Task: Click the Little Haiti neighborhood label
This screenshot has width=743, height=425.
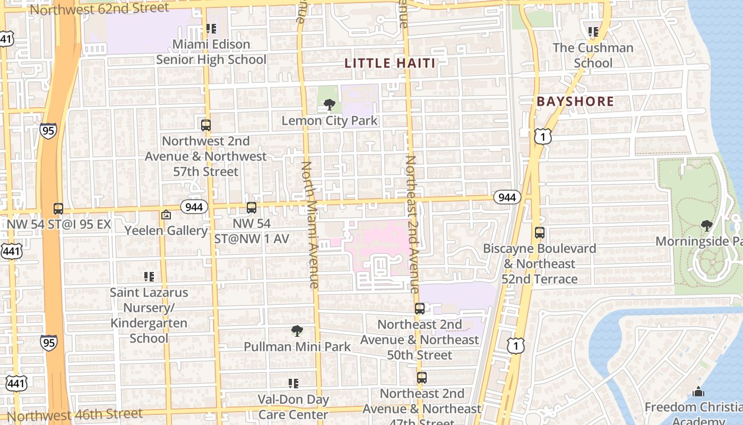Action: point(390,63)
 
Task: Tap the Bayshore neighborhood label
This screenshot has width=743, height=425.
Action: point(575,101)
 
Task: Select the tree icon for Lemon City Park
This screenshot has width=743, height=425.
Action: point(329,105)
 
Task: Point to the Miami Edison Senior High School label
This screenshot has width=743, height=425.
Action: point(211,52)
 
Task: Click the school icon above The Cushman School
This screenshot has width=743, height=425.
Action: point(593,32)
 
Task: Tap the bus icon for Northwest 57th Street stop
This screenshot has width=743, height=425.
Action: point(206,125)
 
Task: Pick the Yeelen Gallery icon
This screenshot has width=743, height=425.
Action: point(166,215)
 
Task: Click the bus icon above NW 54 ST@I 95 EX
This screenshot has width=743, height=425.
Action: point(58,208)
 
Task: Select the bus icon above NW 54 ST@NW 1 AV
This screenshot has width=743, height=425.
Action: point(252,208)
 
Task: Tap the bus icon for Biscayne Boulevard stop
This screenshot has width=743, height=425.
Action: point(540,233)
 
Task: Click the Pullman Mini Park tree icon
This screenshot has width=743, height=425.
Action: point(297,331)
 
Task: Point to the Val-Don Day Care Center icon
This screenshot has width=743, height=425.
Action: point(293,383)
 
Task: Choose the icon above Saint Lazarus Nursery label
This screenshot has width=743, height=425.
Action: point(149,276)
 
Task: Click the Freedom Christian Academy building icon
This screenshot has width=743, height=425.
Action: point(698,392)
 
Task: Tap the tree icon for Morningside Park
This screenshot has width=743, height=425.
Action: point(706,226)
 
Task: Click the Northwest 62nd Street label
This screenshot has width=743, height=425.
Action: point(99,8)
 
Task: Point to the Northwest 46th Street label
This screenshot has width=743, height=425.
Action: point(75,415)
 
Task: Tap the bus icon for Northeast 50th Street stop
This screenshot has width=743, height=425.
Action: point(420,309)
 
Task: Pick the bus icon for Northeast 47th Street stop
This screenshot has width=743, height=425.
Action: point(422,378)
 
